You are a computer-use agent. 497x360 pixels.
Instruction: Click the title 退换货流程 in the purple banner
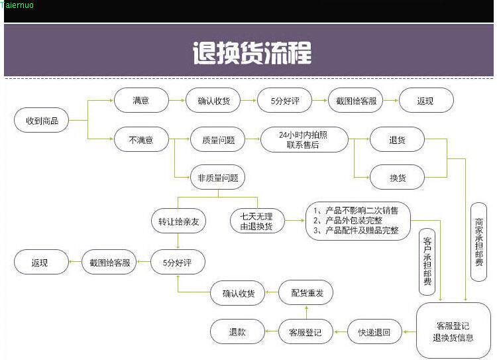251,52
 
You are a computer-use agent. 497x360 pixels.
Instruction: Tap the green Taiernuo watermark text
17,5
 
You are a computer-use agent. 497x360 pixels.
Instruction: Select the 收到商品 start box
42,121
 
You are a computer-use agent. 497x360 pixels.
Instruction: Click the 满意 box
140,101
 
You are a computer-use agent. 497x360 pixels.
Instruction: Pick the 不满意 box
140,140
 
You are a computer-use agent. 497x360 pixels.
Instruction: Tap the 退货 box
397,140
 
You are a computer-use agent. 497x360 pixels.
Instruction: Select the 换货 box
397,177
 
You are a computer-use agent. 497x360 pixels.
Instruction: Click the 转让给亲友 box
178,221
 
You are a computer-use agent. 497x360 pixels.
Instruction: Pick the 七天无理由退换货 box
257,221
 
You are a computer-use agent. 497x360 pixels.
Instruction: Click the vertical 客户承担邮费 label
427,261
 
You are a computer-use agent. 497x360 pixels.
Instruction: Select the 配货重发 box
306,292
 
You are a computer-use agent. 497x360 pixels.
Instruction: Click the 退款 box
237,331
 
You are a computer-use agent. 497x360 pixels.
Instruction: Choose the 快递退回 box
374,331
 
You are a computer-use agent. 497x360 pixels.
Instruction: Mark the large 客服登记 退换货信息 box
453,331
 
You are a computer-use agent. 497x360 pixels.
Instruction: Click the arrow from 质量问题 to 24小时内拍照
252,140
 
